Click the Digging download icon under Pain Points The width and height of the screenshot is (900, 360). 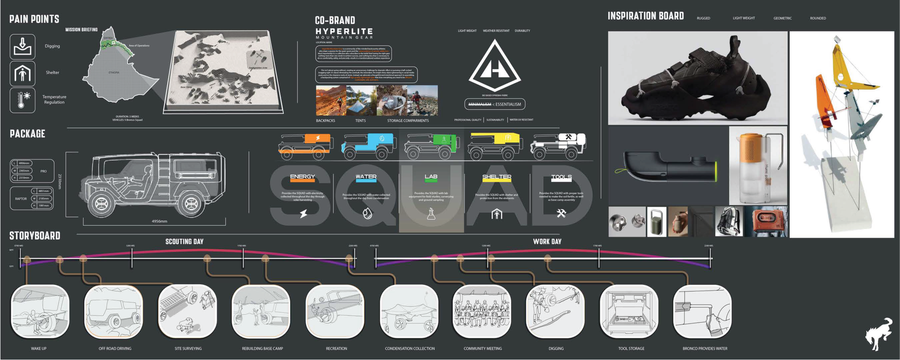click(x=22, y=46)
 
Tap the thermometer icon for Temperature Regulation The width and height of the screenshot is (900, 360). click(x=22, y=100)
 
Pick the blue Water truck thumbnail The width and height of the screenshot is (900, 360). click(x=369, y=146)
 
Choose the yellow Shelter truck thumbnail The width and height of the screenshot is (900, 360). click(x=496, y=146)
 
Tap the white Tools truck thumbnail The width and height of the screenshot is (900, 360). click(x=558, y=145)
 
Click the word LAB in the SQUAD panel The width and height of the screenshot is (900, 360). click(x=431, y=177)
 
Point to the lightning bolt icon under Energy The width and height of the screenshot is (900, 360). click(x=303, y=214)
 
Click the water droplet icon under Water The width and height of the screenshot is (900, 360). click(x=367, y=214)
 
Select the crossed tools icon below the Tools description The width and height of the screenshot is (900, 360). click(x=561, y=214)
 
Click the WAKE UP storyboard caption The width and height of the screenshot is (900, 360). click(x=39, y=348)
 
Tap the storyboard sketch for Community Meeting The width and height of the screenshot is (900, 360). click(x=482, y=311)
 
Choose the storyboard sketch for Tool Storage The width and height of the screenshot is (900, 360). click(x=629, y=311)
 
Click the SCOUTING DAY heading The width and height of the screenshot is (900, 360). click(x=184, y=241)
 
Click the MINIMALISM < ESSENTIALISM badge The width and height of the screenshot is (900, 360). click(x=495, y=104)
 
